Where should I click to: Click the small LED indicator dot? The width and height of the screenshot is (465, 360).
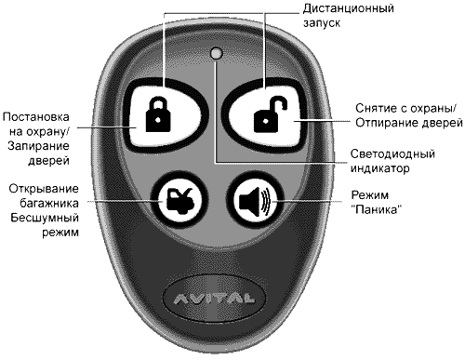click(216, 55)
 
